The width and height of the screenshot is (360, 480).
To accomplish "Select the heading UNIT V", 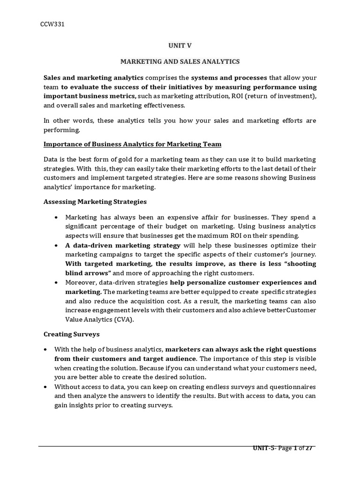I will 180,45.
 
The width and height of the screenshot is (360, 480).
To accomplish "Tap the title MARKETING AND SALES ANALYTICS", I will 180,61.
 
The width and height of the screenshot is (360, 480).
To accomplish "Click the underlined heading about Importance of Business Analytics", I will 133,144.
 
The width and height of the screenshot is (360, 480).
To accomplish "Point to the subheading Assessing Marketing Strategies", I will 95,202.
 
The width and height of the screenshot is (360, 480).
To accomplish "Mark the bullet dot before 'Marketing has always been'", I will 57,218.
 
